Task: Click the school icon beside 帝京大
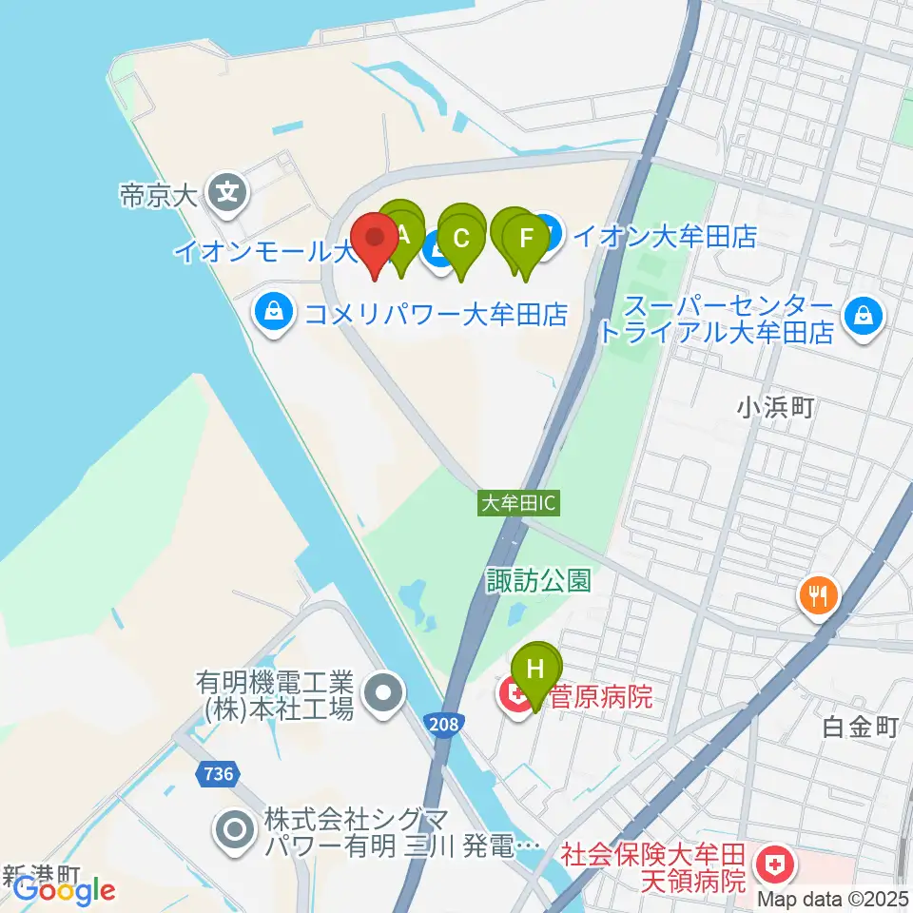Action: click(x=228, y=195)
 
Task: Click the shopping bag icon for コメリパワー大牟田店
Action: click(x=274, y=313)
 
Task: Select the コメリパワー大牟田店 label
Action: click(x=436, y=313)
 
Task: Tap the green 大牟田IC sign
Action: click(x=518, y=504)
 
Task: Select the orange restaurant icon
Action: click(x=818, y=595)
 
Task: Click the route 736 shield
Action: click(x=217, y=775)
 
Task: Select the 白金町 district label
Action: click(x=861, y=728)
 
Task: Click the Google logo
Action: click(x=64, y=890)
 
